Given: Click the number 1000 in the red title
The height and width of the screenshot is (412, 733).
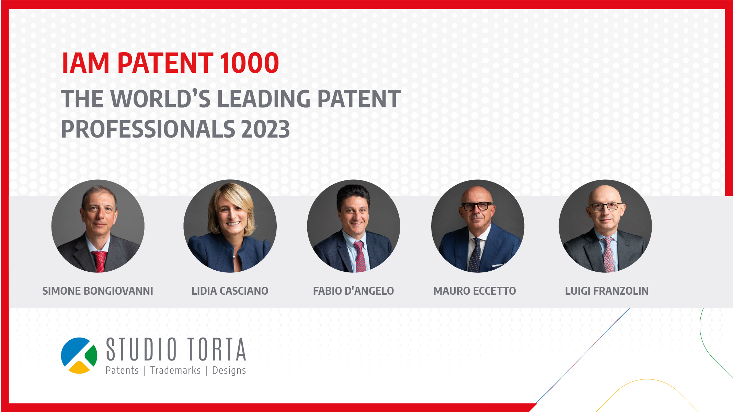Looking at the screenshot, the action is [x=249, y=63].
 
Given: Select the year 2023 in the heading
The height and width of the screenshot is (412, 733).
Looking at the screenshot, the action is [x=265, y=129].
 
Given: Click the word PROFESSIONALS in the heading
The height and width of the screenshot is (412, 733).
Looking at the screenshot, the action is [x=148, y=129].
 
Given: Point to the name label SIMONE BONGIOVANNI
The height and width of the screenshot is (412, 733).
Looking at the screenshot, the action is [x=98, y=291].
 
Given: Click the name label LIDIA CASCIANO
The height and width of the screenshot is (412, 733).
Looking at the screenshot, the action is [x=230, y=291].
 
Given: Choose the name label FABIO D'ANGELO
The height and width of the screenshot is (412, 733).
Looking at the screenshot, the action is [x=353, y=291].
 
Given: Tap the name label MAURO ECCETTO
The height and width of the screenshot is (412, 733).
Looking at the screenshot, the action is [x=474, y=291].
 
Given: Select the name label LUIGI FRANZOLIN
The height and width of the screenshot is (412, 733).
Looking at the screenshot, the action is [x=607, y=291].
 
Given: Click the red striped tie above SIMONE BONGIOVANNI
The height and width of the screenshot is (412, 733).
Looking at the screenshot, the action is [x=100, y=261].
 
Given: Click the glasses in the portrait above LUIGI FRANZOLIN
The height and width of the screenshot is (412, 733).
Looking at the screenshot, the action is [x=606, y=207].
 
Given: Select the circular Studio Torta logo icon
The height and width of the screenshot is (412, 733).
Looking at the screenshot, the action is [x=79, y=356].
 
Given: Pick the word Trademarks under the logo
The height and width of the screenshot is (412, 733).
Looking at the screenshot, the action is [x=175, y=370].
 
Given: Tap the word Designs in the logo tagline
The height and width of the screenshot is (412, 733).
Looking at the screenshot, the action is [x=229, y=371].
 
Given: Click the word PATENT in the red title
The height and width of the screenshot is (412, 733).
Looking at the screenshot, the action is [x=165, y=63].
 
